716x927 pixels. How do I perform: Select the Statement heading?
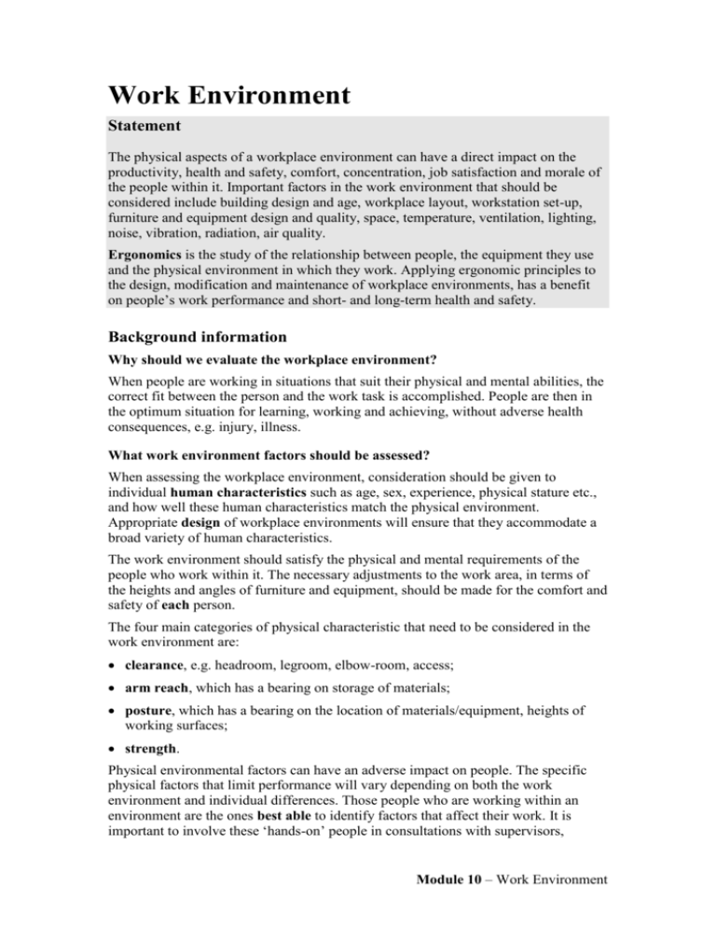click(x=150, y=124)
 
